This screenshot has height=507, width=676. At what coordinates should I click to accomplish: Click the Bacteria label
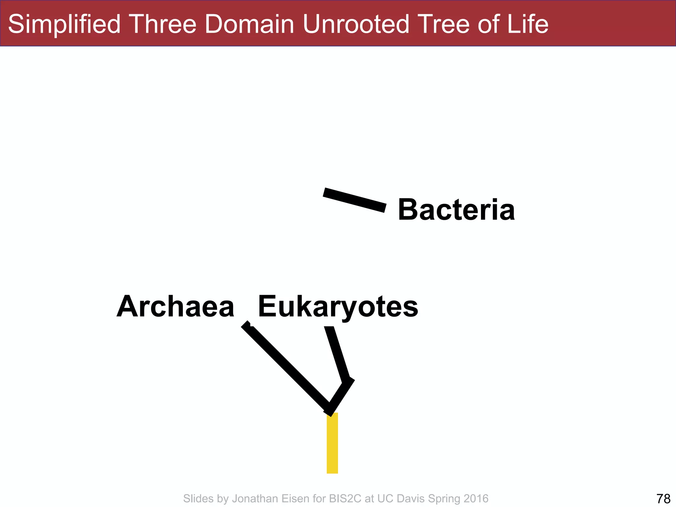(x=456, y=210)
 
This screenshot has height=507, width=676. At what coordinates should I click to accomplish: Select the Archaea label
(x=175, y=307)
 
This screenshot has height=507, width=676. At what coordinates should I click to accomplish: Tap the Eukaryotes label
(x=338, y=307)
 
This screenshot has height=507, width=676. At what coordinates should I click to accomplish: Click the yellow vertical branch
(x=332, y=443)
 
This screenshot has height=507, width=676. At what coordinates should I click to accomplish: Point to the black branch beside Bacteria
(x=355, y=200)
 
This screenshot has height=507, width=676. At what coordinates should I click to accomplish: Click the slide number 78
(x=663, y=498)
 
